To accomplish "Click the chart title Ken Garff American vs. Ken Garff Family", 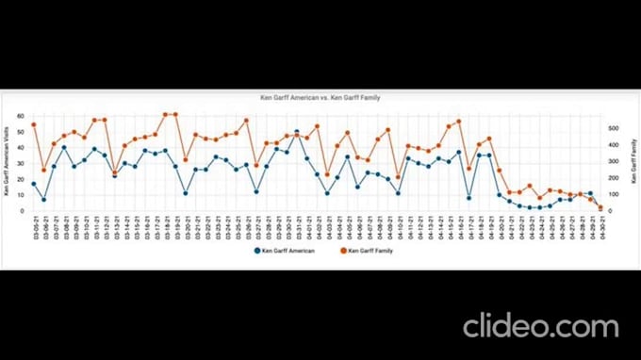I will point(320,98).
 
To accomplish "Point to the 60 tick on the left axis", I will point(25,115).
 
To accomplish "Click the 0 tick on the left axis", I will point(26,210).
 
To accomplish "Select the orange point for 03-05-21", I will point(34,124).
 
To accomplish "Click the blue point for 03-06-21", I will point(44,200).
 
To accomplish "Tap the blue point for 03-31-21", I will point(297,132).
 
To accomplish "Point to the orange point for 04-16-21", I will point(458,122).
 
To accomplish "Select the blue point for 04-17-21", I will point(468,198).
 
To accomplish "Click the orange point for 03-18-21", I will point(165,115).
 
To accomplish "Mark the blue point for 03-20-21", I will point(186,193).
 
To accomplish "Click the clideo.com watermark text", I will point(540,325).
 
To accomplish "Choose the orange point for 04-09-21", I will point(387,130).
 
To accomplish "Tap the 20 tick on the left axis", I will point(25,178).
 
